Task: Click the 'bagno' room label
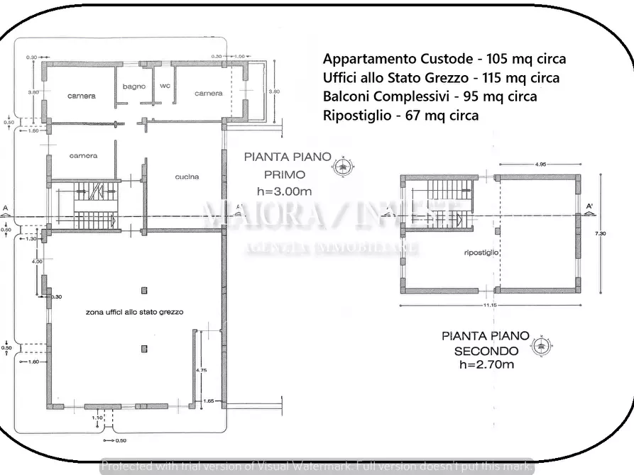pyautogui.click(x=133, y=86)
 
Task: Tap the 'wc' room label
pyautogui.click(x=165, y=86)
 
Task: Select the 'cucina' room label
pyautogui.click(x=187, y=177)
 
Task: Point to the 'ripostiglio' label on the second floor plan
pyautogui.click(x=481, y=252)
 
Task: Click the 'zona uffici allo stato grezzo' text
pyautogui.click(x=134, y=312)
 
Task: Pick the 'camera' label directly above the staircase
pyautogui.click(x=83, y=155)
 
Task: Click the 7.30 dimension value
pyautogui.click(x=601, y=233)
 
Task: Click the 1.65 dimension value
pyautogui.click(x=208, y=401)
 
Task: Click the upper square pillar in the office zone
pyautogui.click(x=143, y=290)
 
